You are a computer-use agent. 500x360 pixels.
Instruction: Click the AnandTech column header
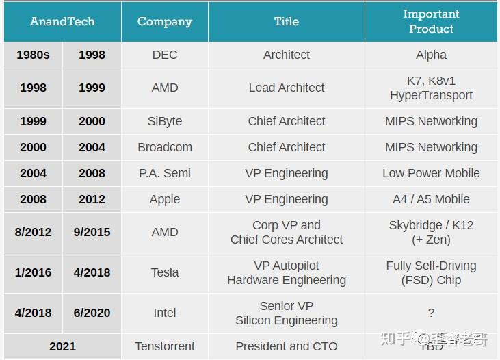tap(62, 21)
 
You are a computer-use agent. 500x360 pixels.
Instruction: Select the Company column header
tap(164, 21)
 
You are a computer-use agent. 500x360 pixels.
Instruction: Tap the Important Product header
tap(431, 21)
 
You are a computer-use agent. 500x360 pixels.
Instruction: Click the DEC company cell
tap(164, 55)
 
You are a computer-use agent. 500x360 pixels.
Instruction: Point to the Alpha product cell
tap(431, 55)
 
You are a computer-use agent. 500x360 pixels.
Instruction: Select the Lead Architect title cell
tap(287, 88)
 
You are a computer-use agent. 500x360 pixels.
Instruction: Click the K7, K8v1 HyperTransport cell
tap(431, 88)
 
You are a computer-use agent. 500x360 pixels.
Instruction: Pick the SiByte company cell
tap(164, 121)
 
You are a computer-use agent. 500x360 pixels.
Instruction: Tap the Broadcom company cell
tap(164, 147)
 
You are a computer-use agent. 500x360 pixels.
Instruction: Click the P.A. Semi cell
tap(164, 173)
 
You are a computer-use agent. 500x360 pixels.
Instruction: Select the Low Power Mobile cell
tap(431, 173)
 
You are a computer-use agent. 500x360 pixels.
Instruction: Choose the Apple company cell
tap(164, 199)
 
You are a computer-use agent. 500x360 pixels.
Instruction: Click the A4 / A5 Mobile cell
tap(431, 199)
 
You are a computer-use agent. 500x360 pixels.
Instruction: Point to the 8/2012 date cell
tap(33, 232)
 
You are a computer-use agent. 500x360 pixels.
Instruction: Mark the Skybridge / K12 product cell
tap(431, 232)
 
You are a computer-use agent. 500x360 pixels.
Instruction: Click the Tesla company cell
tap(164, 272)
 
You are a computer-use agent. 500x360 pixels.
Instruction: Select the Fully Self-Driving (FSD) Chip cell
tap(431, 272)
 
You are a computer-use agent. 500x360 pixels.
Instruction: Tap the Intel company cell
tap(164, 313)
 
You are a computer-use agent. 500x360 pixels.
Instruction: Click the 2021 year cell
tap(62, 346)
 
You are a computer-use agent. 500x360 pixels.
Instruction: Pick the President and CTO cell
tap(287, 346)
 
